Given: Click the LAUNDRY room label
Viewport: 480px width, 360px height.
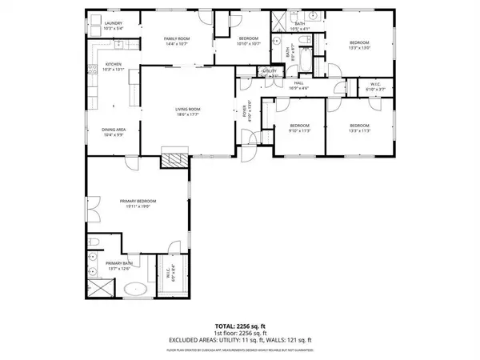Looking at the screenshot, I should click(113, 24).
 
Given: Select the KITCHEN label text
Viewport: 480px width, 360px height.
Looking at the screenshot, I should click(113, 64).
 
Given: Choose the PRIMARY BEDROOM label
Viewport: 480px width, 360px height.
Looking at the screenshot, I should click(137, 201).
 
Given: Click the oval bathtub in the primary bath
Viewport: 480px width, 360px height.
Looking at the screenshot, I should click(139, 289).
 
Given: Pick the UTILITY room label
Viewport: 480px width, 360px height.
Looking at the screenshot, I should click(270, 71).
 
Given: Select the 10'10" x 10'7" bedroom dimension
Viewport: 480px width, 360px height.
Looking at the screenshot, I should click(250, 44).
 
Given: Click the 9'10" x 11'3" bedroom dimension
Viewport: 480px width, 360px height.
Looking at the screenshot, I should click(298, 130).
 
